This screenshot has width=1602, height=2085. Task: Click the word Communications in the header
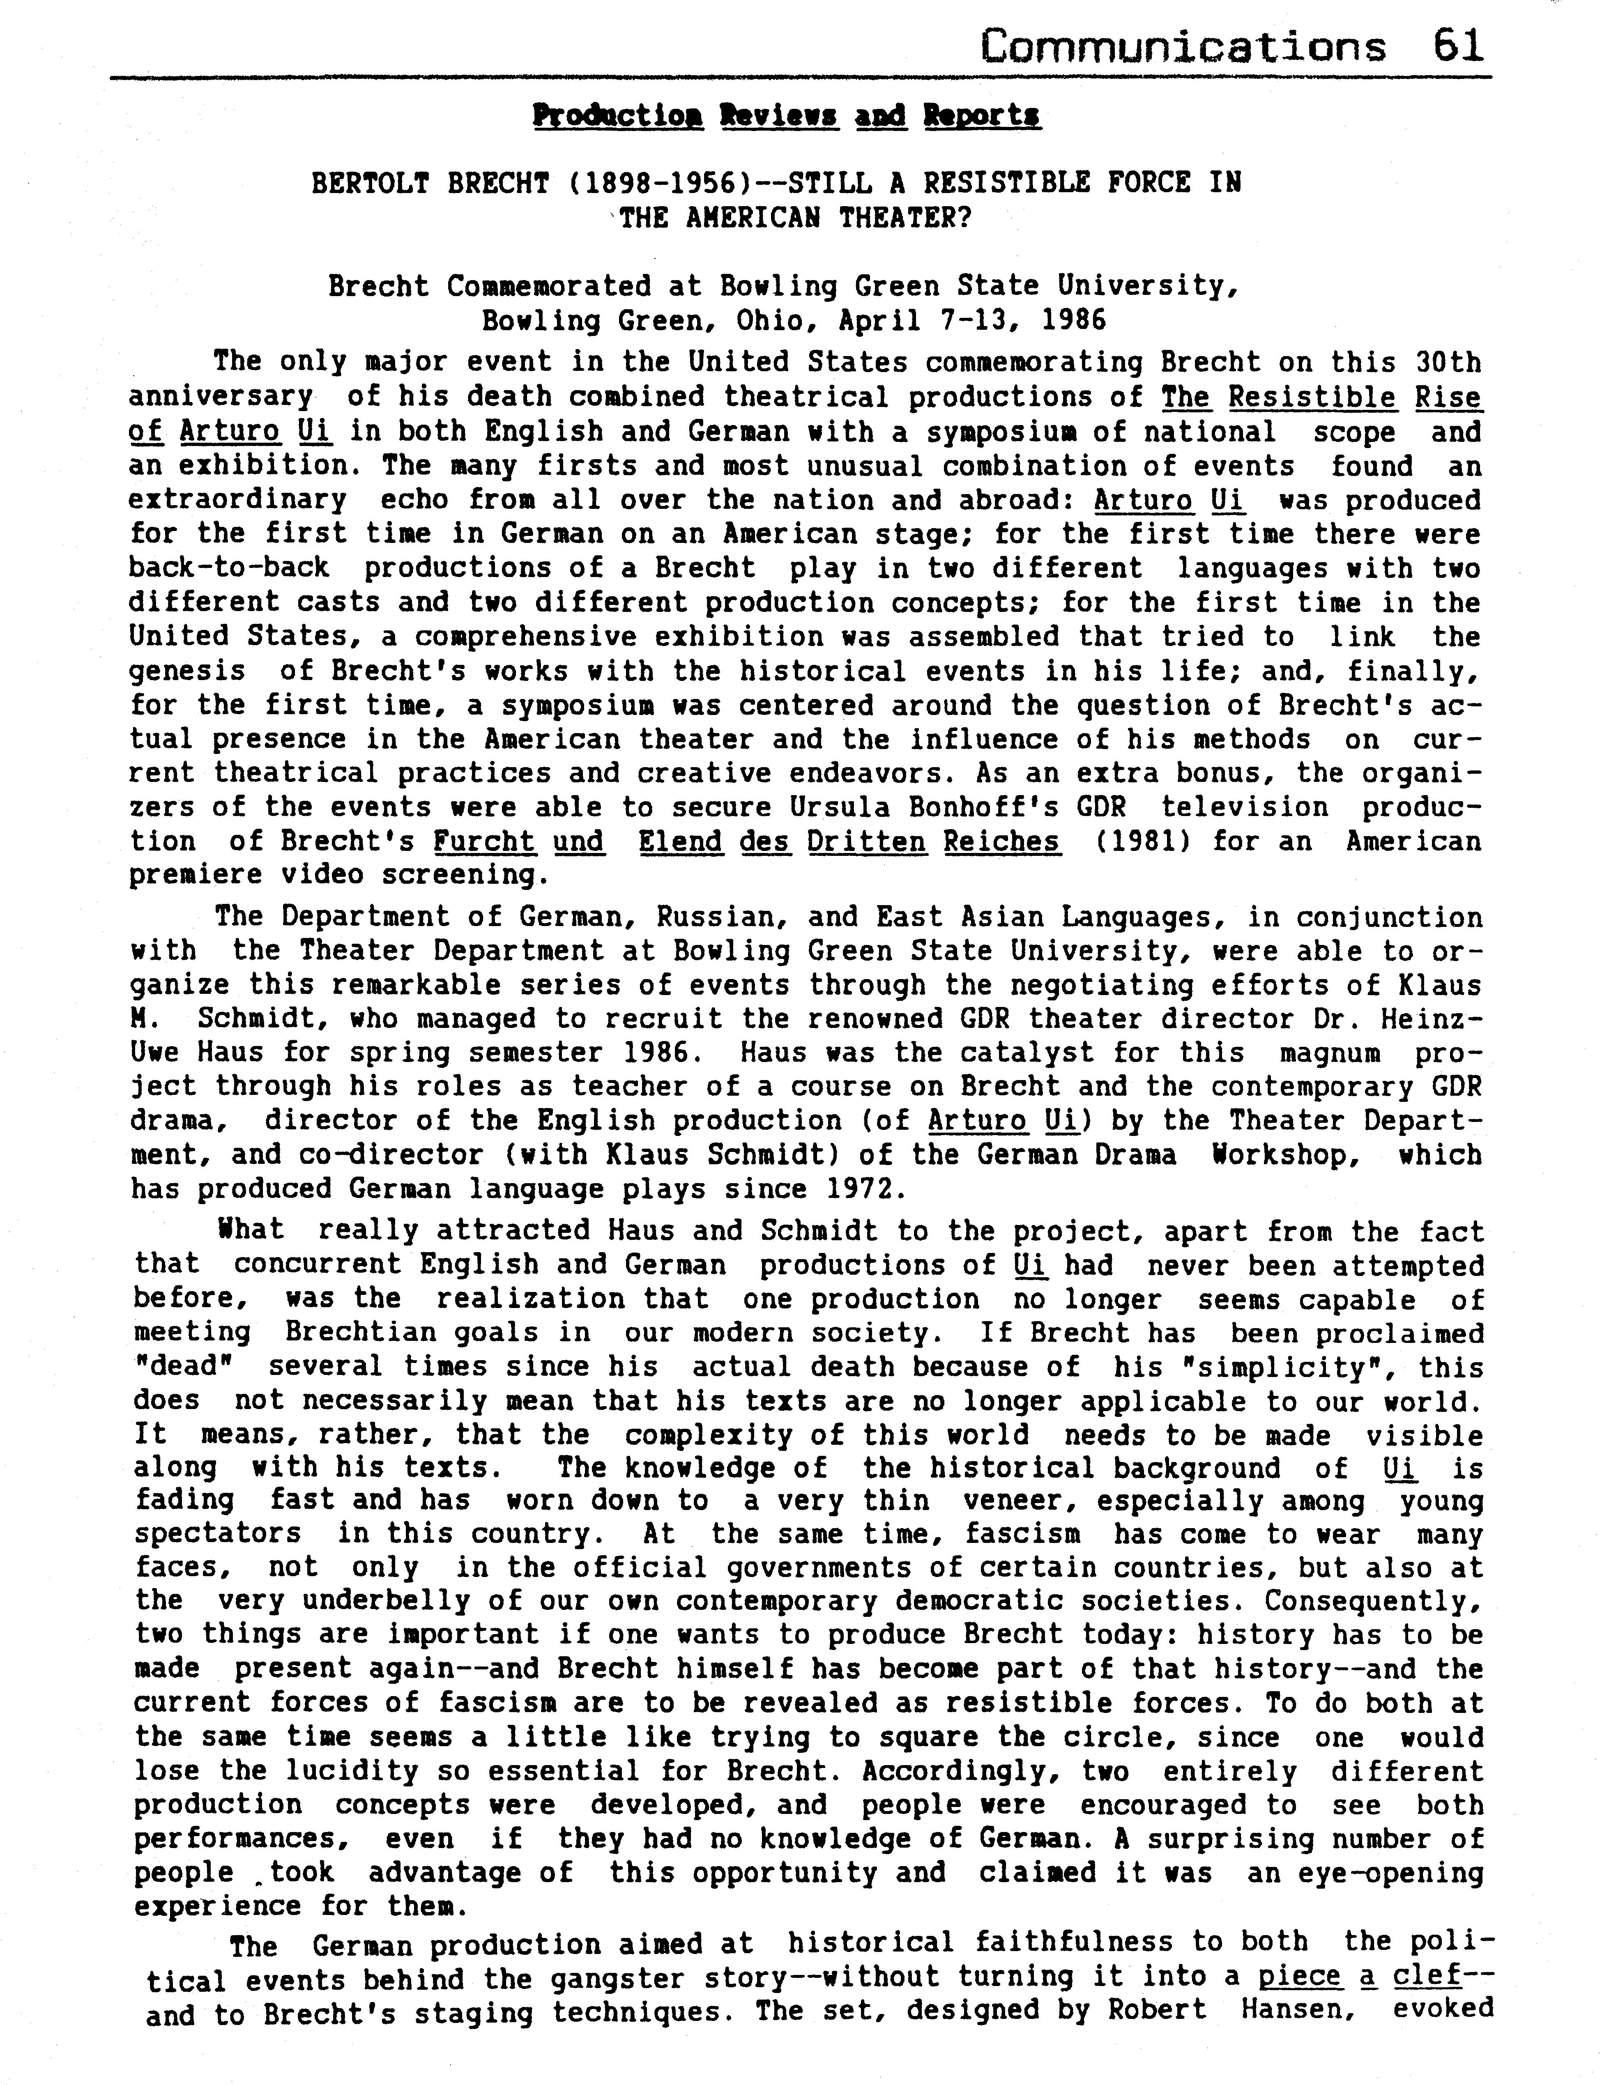click(x=1183, y=46)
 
